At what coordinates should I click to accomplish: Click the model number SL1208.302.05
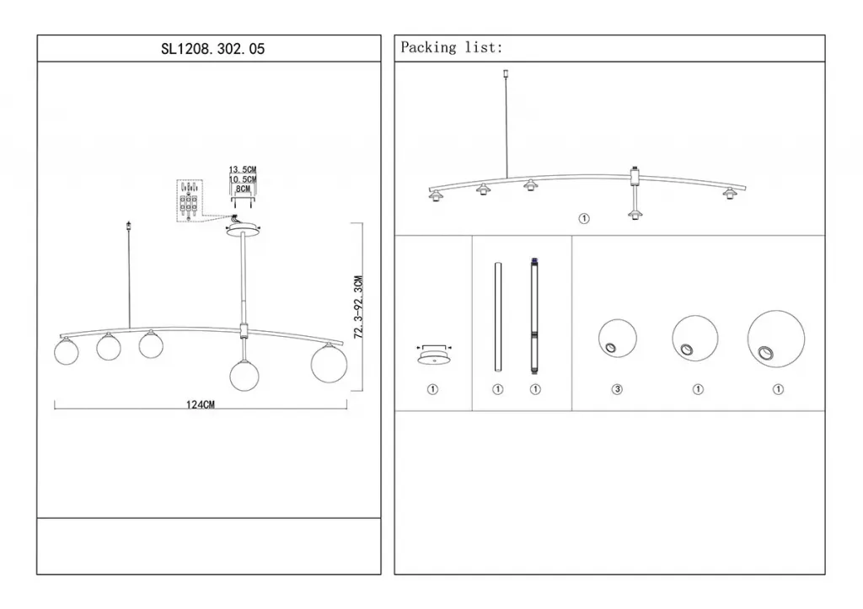click(212, 49)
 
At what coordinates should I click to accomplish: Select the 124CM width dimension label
click(201, 404)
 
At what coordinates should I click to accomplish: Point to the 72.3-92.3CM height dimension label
click(358, 307)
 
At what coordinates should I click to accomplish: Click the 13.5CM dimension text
click(243, 169)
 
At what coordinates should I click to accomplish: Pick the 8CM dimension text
click(243, 189)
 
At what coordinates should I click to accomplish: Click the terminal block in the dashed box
click(189, 201)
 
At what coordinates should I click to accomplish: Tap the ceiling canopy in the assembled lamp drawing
click(243, 230)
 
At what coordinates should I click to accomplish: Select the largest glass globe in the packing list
click(776, 339)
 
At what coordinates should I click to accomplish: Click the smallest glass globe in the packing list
click(618, 339)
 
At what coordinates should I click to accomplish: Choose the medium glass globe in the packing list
click(695, 339)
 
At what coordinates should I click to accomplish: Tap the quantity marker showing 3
click(617, 389)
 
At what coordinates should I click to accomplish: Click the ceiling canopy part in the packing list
click(434, 356)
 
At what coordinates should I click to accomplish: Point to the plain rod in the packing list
click(497, 318)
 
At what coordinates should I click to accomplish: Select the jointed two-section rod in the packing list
click(534, 317)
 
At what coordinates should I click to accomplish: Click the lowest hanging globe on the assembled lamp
click(244, 375)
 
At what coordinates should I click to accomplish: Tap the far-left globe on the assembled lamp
click(67, 352)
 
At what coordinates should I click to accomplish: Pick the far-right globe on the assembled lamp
click(330, 364)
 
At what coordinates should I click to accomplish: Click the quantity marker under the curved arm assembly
click(584, 219)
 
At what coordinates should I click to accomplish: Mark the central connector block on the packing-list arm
click(635, 177)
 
